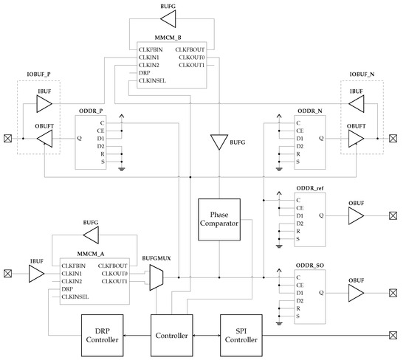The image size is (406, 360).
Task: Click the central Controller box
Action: pyautogui.click(x=171, y=334)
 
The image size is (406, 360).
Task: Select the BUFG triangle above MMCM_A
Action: pyautogui.click(x=92, y=235)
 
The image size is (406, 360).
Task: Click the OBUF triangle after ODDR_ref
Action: pyautogui.click(x=356, y=215)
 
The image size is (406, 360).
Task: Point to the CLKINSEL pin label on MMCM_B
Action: pyautogui.click(x=154, y=81)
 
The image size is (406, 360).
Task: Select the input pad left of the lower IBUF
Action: pyautogui.click(x=7, y=273)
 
